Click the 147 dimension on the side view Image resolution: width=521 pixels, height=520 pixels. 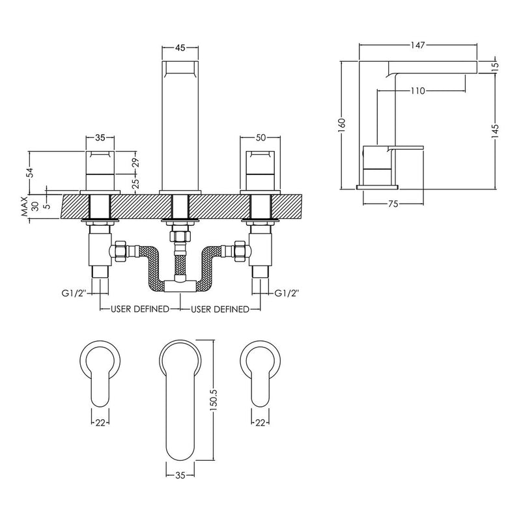point(417,45)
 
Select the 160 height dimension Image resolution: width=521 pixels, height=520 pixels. point(342,125)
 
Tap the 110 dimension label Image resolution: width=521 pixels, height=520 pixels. point(417,90)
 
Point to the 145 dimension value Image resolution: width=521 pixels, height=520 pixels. point(495,131)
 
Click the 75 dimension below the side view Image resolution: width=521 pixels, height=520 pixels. point(393,204)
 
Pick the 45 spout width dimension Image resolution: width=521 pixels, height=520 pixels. point(180,48)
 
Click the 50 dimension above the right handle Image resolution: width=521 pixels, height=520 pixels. point(261,137)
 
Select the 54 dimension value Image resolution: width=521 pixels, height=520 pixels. point(30,172)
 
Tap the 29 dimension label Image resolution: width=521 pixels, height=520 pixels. point(136,163)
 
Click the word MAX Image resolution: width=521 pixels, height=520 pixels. point(25,206)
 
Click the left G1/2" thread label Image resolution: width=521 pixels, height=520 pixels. point(74,293)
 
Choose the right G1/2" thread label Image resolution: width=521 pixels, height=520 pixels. point(287,293)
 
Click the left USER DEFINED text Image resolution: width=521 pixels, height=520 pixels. point(140,309)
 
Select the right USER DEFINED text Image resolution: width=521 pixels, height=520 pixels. point(220,309)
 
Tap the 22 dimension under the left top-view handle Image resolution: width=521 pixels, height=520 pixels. point(100,422)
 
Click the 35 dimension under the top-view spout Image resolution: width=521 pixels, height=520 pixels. point(180,476)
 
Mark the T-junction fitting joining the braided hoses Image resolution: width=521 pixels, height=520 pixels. point(180,286)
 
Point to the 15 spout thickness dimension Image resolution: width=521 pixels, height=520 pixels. point(495,65)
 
